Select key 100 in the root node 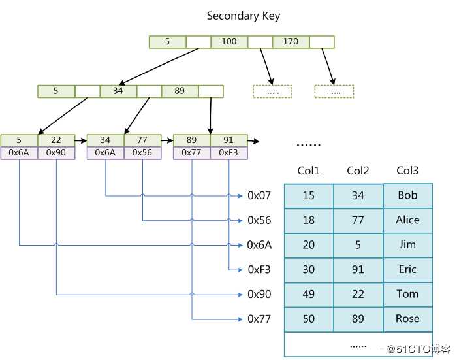tap(229, 42)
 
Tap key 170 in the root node tap(291, 42)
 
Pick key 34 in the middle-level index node tap(118, 91)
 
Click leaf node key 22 tap(56, 140)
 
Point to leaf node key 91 tap(229, 140)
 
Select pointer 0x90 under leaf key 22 tap(56, 153)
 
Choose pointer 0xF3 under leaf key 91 tap(229, 153)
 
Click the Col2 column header tap(358, 171)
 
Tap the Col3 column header tap(407, 171)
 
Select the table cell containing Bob tap(407, 195)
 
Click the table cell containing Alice tap(407, 220)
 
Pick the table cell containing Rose tap(407, 319)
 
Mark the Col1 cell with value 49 tap(309, 294)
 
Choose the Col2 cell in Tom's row tap(358, 294)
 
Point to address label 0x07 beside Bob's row tap(259, 195)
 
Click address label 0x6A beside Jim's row tap(259, 245)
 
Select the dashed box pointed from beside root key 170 tap(334, 91)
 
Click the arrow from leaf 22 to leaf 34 tap(80, 140)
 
